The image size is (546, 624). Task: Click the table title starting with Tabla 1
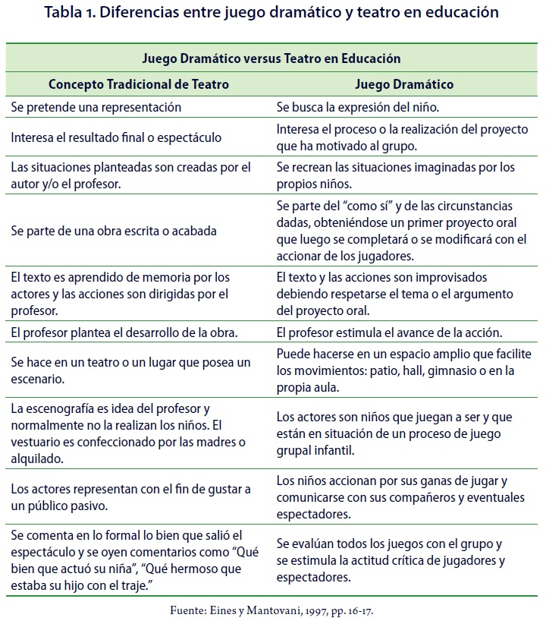[271, 12]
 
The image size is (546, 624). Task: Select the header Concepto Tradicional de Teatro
[139, 84]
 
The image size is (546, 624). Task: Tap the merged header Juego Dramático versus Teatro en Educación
[271, 58]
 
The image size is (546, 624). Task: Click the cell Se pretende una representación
[96, 107]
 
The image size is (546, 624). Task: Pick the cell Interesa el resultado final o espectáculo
[116, 137]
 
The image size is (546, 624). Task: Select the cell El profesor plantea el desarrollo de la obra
[125, 332]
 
